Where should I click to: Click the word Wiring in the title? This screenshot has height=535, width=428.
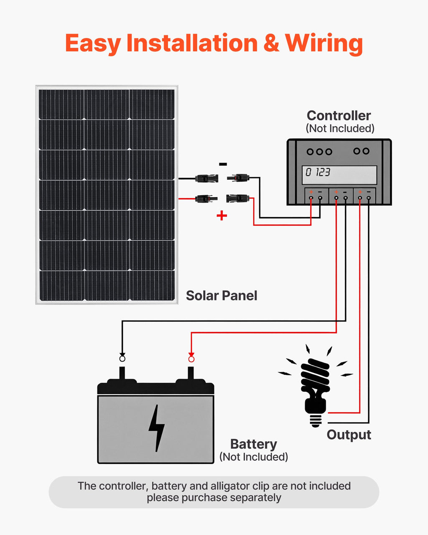pos(324,43)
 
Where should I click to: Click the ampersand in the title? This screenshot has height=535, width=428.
pos(271,43)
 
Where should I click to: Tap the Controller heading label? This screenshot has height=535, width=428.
pos(339,116)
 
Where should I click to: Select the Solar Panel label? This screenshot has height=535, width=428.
pos(221,296)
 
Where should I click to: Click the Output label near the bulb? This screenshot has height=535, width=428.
pos(349,435)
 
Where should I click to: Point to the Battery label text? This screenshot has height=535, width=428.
pos(253,444)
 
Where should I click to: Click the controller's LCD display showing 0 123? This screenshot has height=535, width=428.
pos(339,175)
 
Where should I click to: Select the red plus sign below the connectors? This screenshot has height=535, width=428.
pos(222,216)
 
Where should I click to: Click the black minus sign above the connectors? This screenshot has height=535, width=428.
pos(223,164)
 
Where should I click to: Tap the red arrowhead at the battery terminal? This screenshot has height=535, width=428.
pos(191,354)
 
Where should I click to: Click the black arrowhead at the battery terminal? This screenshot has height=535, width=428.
pos(122,354)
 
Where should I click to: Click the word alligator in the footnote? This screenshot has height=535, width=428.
pos(229,486)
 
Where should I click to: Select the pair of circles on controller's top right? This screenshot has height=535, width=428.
pos(361,151)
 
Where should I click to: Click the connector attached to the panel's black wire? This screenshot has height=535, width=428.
pos(206,179)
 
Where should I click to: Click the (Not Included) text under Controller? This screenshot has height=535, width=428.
pos(340,128)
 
